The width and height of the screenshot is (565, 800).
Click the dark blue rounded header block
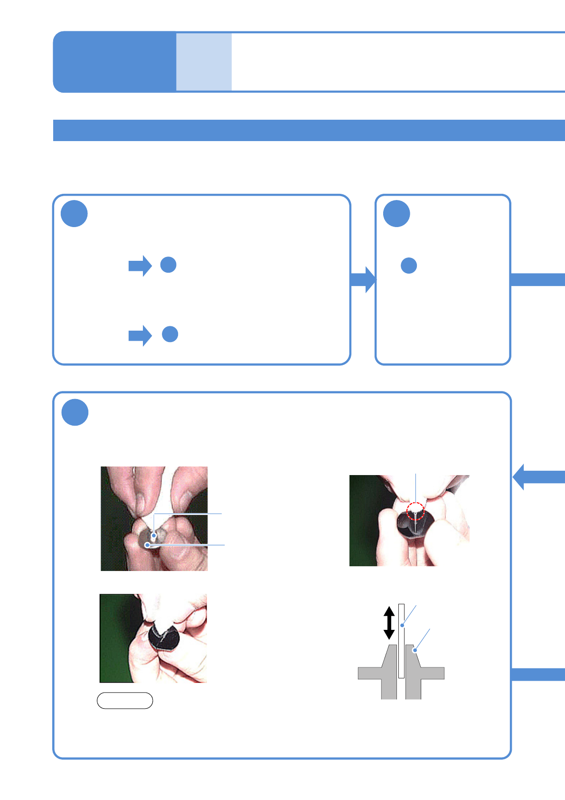tap(114, 62)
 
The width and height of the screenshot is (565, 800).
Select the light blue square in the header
tap(204, 62)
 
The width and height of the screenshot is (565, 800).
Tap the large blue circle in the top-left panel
tap(74, 214)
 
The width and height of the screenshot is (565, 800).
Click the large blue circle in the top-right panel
tap(396, 214)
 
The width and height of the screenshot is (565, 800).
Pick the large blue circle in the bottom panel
tap(75, 412)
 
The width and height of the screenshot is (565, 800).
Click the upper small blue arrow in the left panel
tap(140, 266)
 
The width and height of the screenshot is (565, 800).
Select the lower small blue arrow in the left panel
tap(140, 336)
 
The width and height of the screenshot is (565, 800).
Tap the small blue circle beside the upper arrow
tap(169, 265)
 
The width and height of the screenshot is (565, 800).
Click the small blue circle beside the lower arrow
tap(170, 334)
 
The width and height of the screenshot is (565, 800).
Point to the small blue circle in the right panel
tap(409, 266)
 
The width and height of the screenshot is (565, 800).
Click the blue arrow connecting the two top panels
tap(363, 279)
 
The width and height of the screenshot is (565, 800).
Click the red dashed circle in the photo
tap(415, 511)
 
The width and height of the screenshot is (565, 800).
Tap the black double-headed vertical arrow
tap(389, 622)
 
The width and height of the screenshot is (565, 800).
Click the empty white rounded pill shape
tap(125, 701)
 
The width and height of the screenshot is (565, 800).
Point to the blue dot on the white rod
tap(402, 625)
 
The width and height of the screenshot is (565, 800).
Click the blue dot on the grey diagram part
tap(414, 650)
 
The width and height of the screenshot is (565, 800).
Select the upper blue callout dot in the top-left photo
tap(154, 536)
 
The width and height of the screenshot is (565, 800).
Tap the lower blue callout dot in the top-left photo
tap(148, 545)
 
